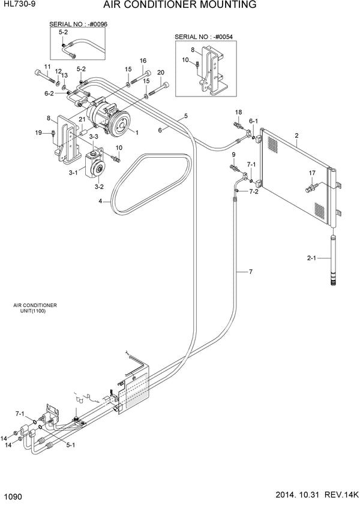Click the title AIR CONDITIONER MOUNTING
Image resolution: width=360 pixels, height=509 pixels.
(180, 5)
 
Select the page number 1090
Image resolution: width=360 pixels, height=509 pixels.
(14, 496)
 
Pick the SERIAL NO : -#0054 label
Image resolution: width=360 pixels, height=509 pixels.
(203, 37)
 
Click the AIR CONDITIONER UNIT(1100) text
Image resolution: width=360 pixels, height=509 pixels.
(35, 308)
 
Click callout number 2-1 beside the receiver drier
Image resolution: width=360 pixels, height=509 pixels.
(311, 260)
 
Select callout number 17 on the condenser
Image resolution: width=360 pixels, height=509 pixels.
(312, 174)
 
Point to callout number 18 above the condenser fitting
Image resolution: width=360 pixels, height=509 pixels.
(238, 112)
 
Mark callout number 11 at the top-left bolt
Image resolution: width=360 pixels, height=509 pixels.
(47, 66)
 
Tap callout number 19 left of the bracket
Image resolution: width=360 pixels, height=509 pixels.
(38, 132)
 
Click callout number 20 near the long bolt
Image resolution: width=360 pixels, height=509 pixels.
(160, 73)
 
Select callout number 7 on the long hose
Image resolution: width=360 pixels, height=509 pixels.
(250, 272)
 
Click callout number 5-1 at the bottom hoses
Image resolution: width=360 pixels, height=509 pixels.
(70, 445)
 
